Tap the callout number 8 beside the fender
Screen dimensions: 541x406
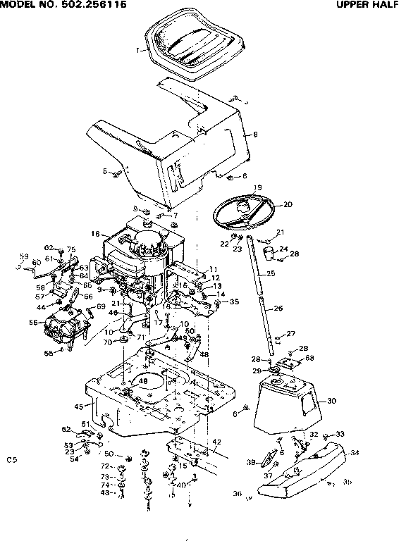tap(255, 134)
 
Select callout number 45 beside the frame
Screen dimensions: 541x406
tap(79, 407)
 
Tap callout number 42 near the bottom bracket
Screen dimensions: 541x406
tap(217, 442)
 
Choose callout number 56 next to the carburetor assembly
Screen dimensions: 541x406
tap(32, 322)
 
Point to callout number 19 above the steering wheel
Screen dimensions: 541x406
tap(258, 187)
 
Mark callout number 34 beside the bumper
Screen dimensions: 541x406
tap(355, 453)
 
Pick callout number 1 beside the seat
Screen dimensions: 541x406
tap(138, 49)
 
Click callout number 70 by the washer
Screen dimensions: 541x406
tap(107, 342)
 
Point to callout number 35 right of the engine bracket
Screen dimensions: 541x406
tap(234, 301)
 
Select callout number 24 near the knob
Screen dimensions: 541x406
tap(283, 248)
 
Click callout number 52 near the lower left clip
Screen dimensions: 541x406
tap(66, 429)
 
